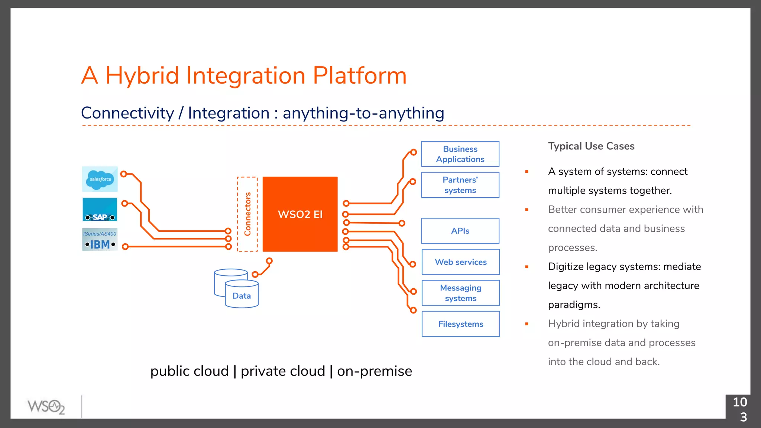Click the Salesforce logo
100,179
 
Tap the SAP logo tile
100,210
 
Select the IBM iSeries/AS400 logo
100,239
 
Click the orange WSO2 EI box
300,214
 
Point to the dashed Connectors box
247,214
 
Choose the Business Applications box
460,154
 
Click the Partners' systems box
460,185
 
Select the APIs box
460,231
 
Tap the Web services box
460,262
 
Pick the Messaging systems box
460,293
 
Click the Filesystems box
460,324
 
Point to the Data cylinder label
242,296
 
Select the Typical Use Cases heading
591,146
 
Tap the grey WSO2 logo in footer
46,407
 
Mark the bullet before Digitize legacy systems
527,267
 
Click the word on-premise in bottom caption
374,371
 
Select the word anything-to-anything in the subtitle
363,113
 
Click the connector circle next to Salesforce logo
124,174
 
